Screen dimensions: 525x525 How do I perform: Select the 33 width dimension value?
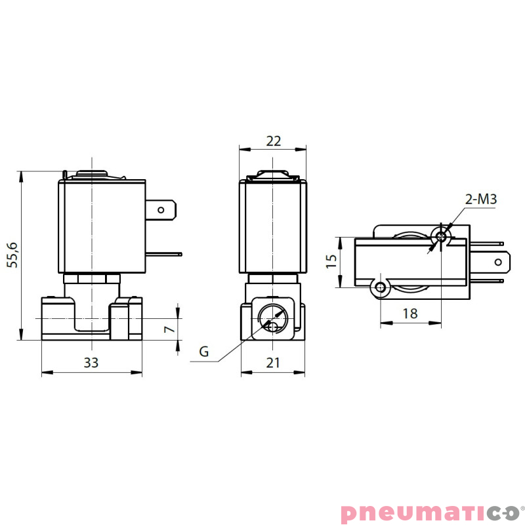[91, 362]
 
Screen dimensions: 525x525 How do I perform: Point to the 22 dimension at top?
[273, 140]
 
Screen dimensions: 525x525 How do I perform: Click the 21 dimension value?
[273, 362]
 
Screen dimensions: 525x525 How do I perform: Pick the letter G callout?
[204, 352]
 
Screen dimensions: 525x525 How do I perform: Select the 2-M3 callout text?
[480, 199]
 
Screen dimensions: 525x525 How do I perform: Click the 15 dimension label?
[331, 262]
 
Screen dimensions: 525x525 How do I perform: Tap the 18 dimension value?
[409, 313]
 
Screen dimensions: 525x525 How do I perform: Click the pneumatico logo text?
[430, 511]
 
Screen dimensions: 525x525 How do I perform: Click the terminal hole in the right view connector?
[499, 262]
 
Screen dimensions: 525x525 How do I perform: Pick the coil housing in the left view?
[102, 226]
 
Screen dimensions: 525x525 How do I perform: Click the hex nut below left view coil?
[92, 278]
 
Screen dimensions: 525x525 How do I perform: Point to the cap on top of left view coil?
[92, 175]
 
